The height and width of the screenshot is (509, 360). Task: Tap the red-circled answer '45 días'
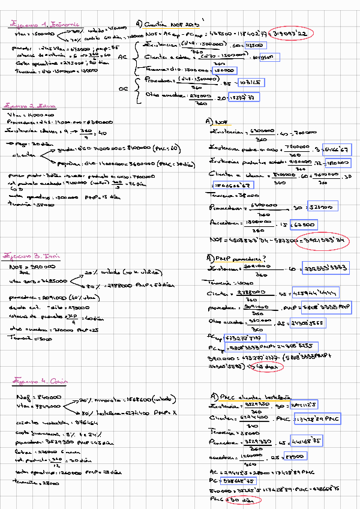(265, 366)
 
